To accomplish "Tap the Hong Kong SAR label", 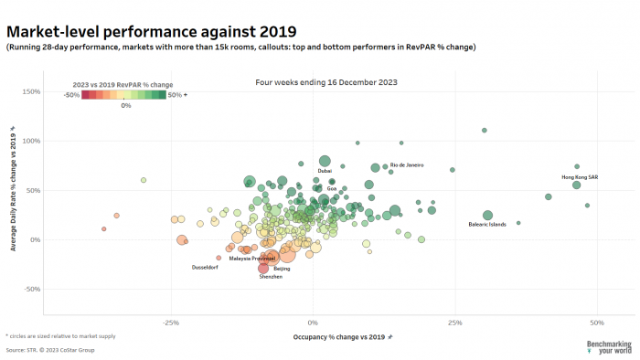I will click(580, 176).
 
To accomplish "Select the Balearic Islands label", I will click(486, 224).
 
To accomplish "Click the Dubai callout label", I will click(325, 171).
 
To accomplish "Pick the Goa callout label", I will click(332, 188).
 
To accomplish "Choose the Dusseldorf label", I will click(206, 268).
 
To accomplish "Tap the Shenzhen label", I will click(271, 276).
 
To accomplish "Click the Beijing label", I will click(282, 269).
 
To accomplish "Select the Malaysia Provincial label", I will click(251, 259).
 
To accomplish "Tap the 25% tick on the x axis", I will click(454, 323).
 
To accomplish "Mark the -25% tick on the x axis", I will click(170, 323).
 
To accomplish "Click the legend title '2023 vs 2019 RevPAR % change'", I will click(123, 84).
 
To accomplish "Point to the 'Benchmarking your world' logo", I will click(609, 346).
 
